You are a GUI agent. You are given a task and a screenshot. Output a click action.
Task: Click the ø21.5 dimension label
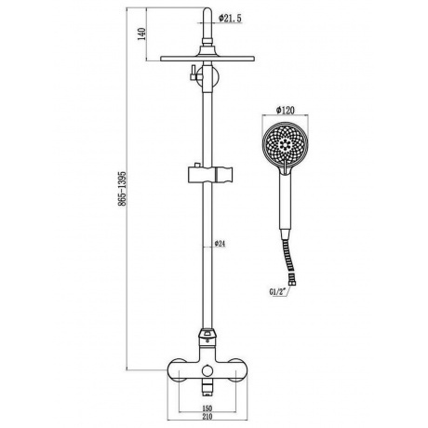tap(230, 19)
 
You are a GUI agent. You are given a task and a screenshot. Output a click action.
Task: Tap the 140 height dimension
tap(141, 33)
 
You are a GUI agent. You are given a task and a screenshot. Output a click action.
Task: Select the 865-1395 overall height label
tap(122, 188)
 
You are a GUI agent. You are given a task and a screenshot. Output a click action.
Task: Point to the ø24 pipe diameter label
tap(220, 244)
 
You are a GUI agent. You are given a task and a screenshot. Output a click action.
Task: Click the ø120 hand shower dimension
tap(286, 110)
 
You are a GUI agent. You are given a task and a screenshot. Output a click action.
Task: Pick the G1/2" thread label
tap(277, 291)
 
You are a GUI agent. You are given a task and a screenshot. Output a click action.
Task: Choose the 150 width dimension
tap(207, 408)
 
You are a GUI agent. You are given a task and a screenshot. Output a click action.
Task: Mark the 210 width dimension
tap(207, 416)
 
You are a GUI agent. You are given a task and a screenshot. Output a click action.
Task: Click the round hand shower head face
tap(286, 144)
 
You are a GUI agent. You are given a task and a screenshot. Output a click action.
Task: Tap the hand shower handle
tap(286, 202)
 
